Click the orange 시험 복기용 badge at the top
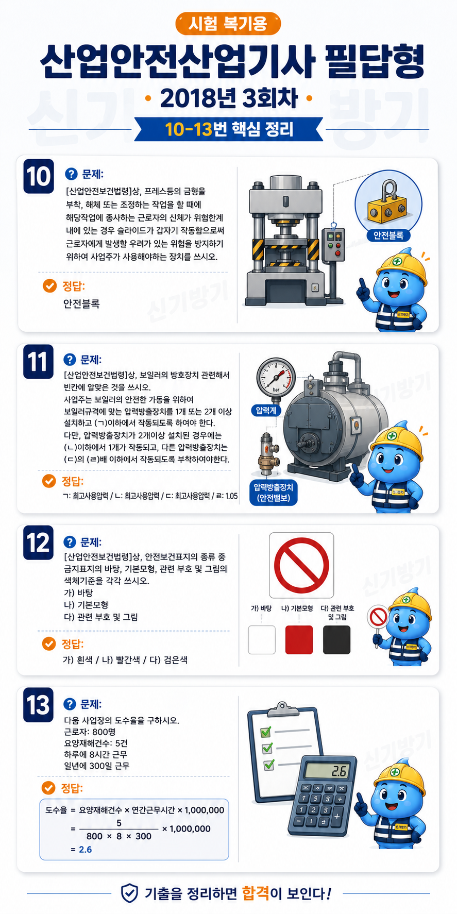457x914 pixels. pos(228,24)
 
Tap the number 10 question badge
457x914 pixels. pos(39,176)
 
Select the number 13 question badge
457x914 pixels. pos(38,705)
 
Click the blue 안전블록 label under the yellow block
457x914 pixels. pos(388,235)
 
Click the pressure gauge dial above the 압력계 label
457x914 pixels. pos(276,377)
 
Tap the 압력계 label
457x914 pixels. pos(266,410)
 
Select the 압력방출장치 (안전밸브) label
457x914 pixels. pos(274,493)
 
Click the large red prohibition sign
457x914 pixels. pos(301,565)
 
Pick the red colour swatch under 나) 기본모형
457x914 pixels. pos(299,639)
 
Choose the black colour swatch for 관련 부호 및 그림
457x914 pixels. pos(336,639)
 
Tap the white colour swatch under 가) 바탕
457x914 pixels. pos(262,639)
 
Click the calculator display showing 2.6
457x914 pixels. pos(326,771)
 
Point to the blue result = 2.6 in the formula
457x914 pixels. pos(81,850)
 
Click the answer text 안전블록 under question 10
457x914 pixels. pos(81,303)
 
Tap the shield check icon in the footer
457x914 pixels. pos(129,893)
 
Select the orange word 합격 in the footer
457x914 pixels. pos(256,892)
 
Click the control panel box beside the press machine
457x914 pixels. pos(333,245)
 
